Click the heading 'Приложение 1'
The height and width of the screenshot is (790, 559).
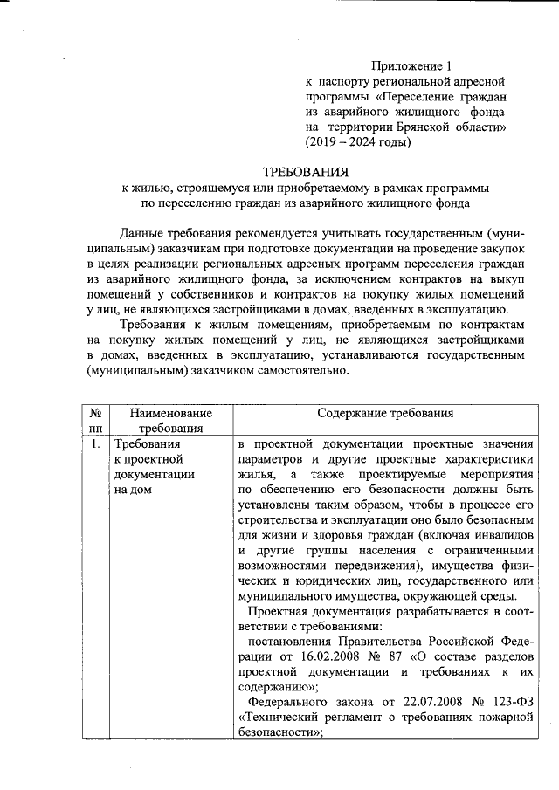[x=412, y=65]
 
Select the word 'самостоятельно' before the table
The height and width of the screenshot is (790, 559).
[x=304, y=369]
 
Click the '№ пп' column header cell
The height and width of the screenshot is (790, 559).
[x=97, y=420]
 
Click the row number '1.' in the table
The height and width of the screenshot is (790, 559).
[x=94, y=443]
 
